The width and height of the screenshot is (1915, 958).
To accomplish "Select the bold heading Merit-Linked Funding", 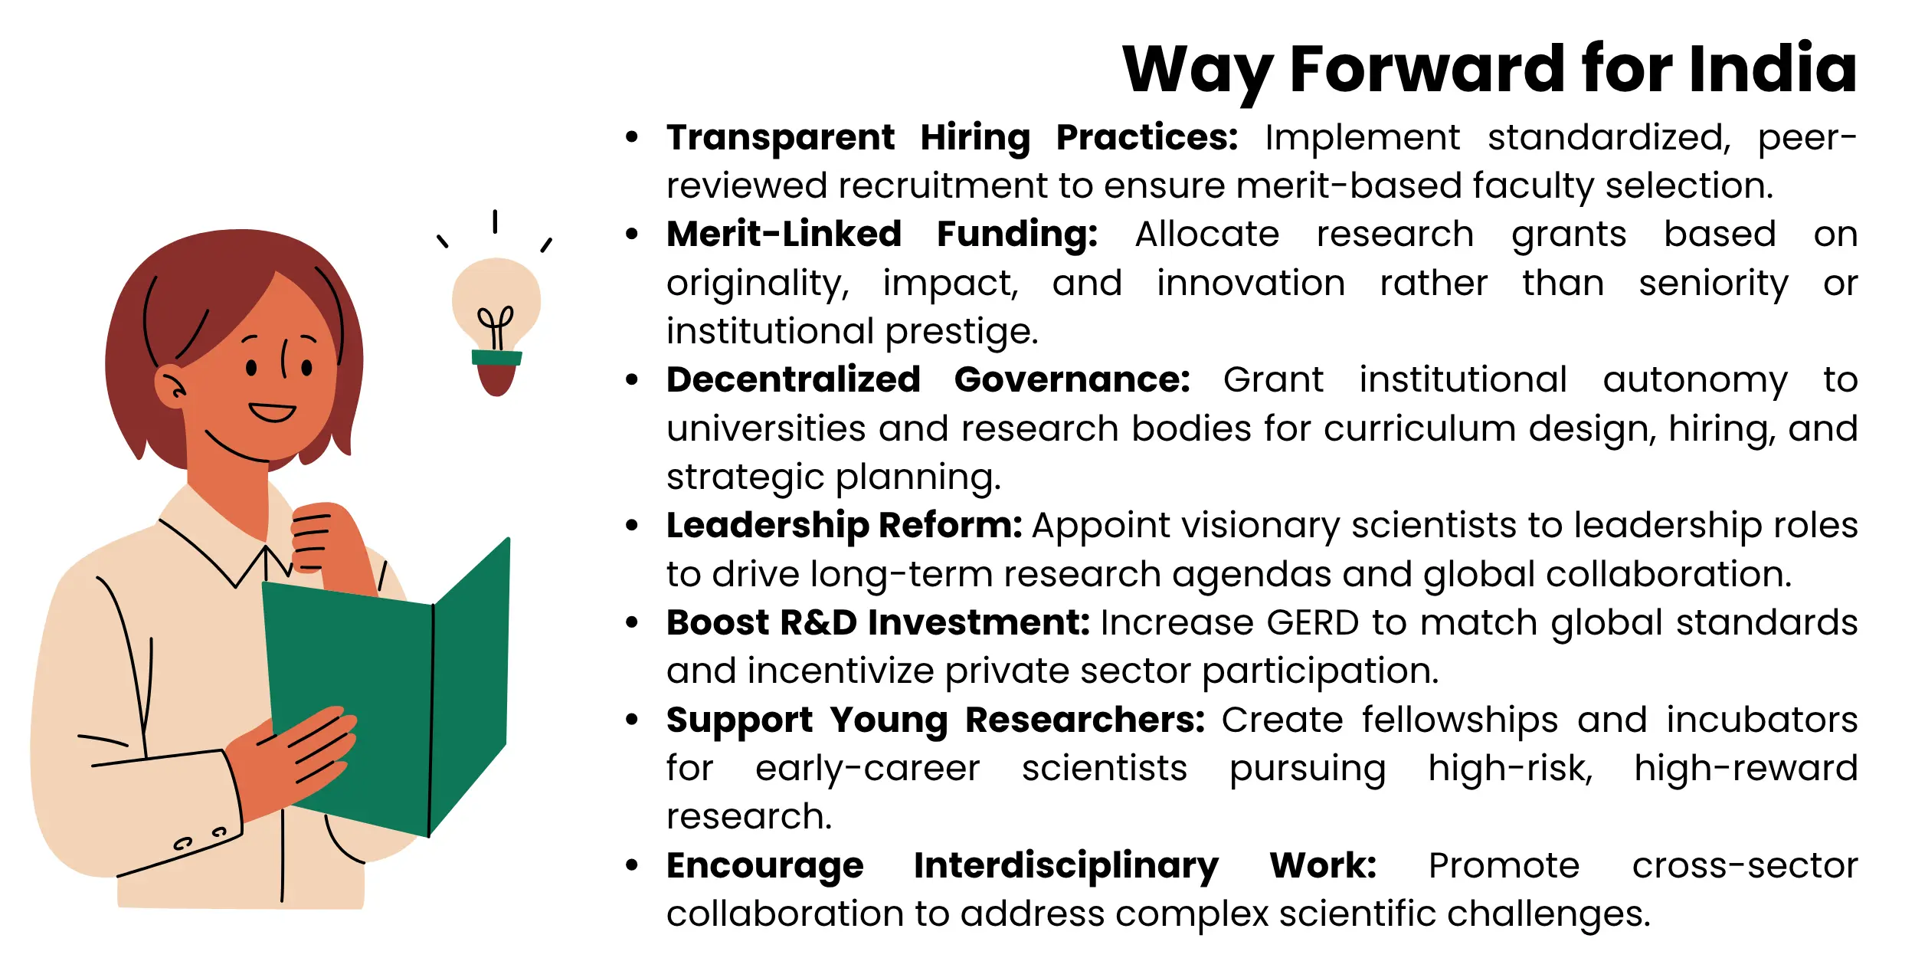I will coord(882,234).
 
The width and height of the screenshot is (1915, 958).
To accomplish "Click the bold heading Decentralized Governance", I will coord(928,379).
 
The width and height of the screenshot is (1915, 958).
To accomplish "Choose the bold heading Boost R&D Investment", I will coord(878,622).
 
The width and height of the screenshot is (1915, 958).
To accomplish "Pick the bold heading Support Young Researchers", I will coord(935,720).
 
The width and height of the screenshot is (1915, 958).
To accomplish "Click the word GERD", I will coord(1312,622).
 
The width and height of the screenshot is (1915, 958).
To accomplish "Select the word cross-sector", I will coord(1744,866).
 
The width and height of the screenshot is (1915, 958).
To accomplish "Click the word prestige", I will coord(961,331).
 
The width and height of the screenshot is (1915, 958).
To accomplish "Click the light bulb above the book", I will coord(496,307).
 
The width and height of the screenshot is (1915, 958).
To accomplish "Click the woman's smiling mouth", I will coord(272,412).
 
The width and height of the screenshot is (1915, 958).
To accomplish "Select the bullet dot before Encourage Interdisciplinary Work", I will coord(632,866).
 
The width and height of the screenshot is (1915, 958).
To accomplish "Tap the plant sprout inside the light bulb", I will coord(496,326).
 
